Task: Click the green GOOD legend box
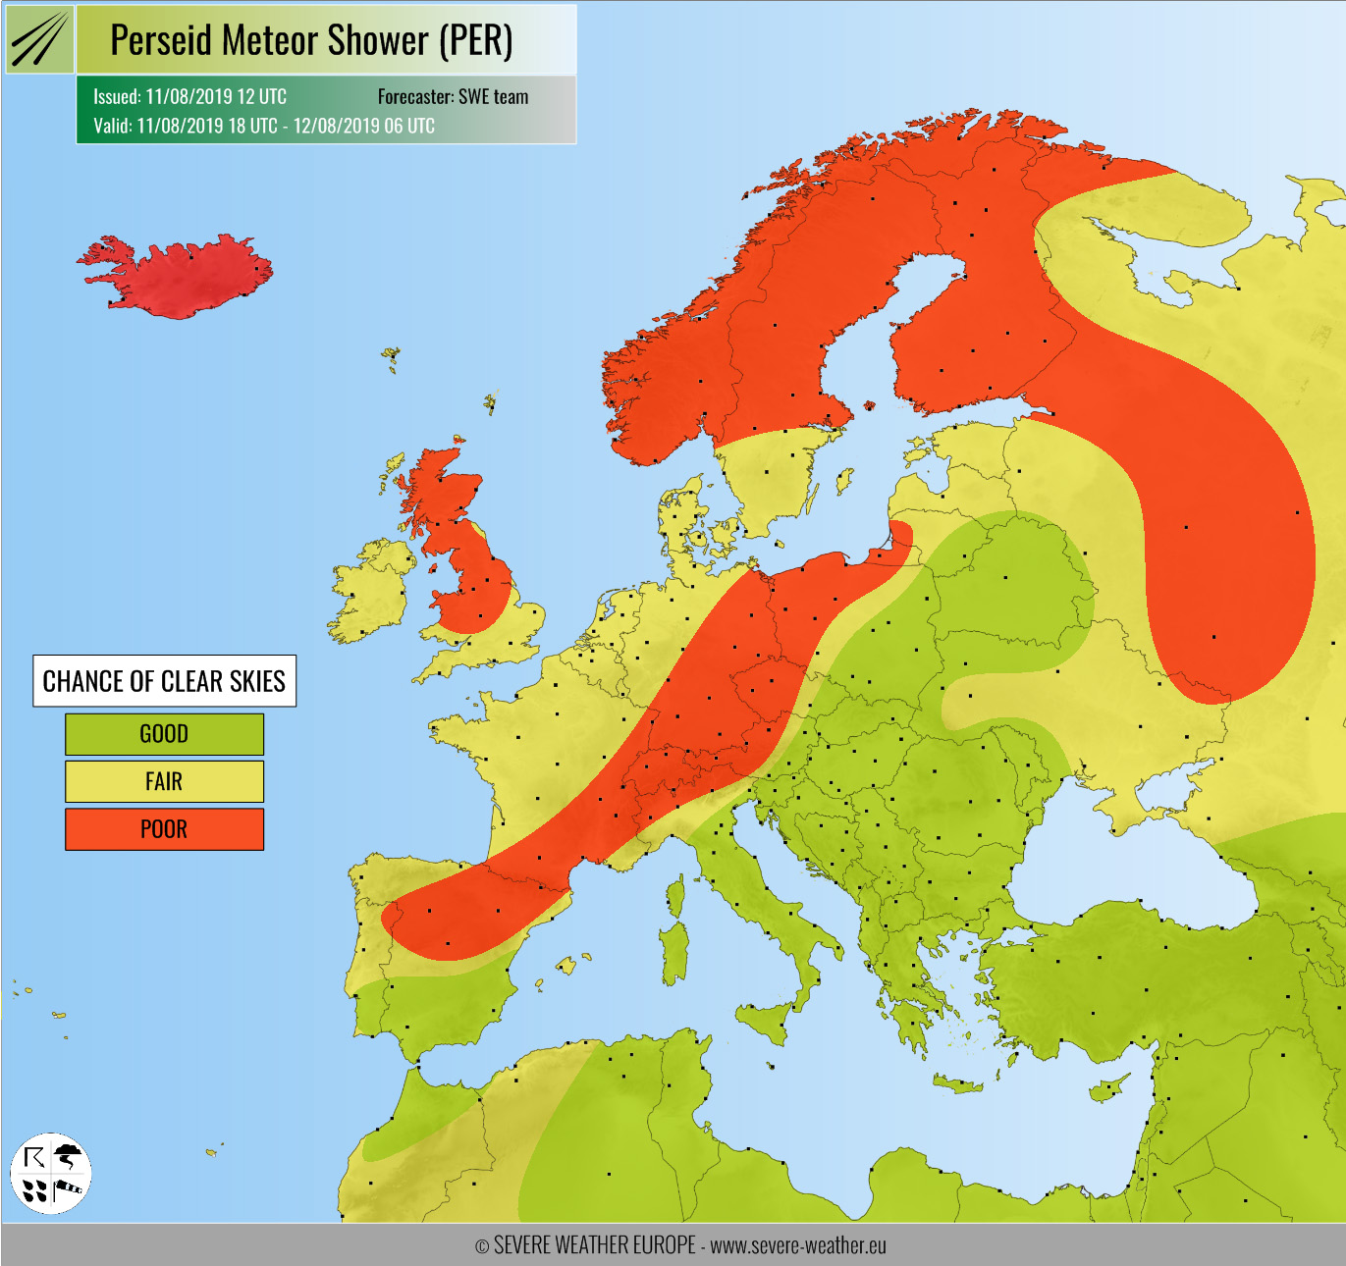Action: click(x=164, y=734)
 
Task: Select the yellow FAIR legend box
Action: click(x=164, y=781)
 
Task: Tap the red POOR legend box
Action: click(x=164, y=829)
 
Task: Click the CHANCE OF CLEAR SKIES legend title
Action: click(x=164, y=681)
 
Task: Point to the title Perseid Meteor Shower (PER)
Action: click(x=311, y=40)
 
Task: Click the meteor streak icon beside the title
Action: click(x=40, y=40)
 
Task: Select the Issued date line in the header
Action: click(x=190, y=96)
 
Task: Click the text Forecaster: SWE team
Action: click(x=453, y=96)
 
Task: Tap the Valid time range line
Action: click(x=264, y=126)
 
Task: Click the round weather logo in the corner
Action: click(x=51, y=1173)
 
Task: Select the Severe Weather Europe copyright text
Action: click(x=680, y=1245)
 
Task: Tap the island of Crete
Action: click(x=957, y=1083)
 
